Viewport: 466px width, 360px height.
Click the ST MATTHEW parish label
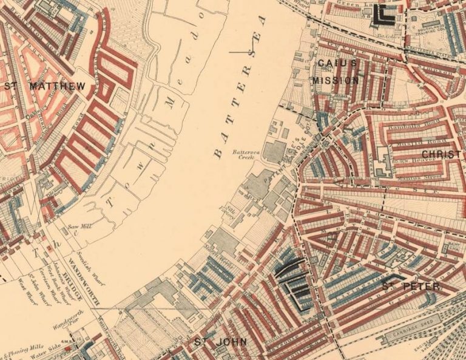(45, 86)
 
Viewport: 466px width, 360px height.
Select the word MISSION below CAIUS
(336, 80)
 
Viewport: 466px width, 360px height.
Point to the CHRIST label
(441, 154)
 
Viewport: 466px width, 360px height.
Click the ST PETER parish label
(411, 285)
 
